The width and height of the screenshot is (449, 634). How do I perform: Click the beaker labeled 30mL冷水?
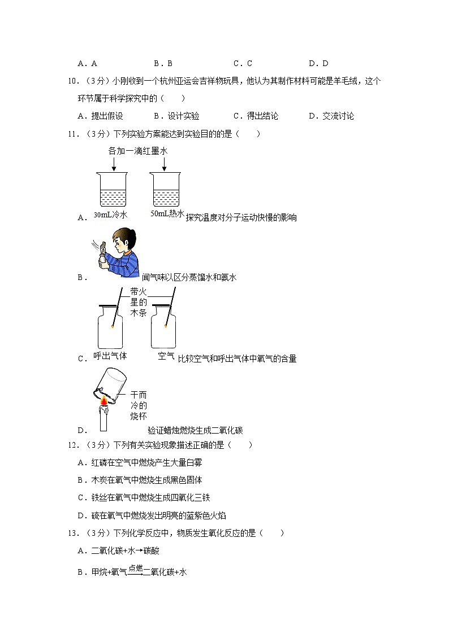[x=113, y=190]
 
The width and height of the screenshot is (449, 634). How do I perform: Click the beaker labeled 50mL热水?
[x=165, y=190]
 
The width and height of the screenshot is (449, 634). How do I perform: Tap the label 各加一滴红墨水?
[x=138, y=151]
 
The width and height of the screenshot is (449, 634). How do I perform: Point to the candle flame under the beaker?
[x=104, y=401]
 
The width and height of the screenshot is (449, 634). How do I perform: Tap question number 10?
[x=72, y=81]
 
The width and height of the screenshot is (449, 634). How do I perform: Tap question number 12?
[x=72, y=445]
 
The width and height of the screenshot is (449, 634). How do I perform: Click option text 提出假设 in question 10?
[x=106, y=116]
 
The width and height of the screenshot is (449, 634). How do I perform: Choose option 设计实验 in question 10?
[x=184, y=116]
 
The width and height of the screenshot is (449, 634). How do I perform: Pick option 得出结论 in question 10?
[x=262, y=116]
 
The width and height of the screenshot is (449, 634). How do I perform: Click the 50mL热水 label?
[x=168, y=215]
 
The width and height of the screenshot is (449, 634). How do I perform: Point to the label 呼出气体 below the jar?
[x=110, y=357]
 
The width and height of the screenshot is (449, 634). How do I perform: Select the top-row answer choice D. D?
[x=318, y=64]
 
